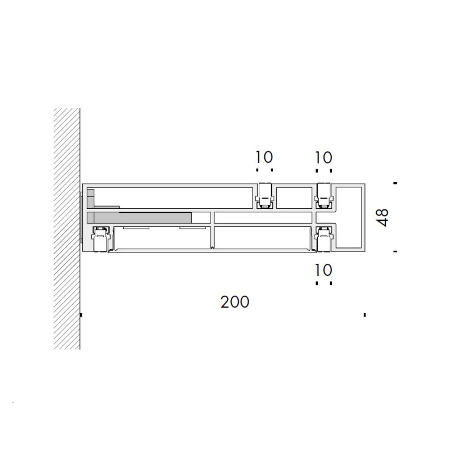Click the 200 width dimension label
pyautogui.click(x=235, y=302)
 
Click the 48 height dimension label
pyautogui.click(x=382, y=217)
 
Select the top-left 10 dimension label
pyautogui.click(x=264, y=157)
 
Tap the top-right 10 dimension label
pyautogui.click(x=323, y=158)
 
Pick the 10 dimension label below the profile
pyautogui.click(x=323, y=270)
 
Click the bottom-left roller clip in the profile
pyautogui.click(x=101, y=239)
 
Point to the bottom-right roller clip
pyautogui.click(x=324, y=239)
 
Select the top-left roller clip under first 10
pyautogui.click(x=264, y=195)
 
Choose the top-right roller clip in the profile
pyautogui.click(x=324, y=195)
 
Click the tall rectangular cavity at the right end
pyautogui.click(x=348, y=217)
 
